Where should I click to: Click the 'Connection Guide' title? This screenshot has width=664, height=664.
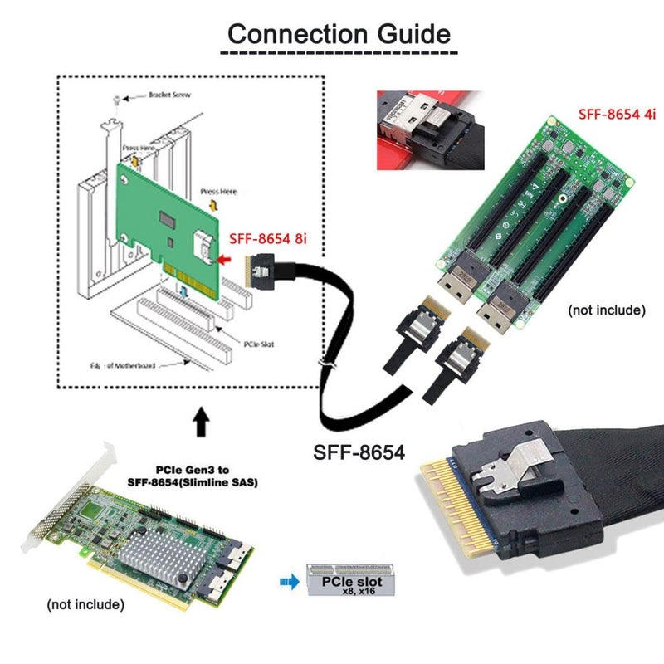(x=339, y=34)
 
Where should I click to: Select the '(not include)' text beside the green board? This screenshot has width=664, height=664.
(x=606, y=310)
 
